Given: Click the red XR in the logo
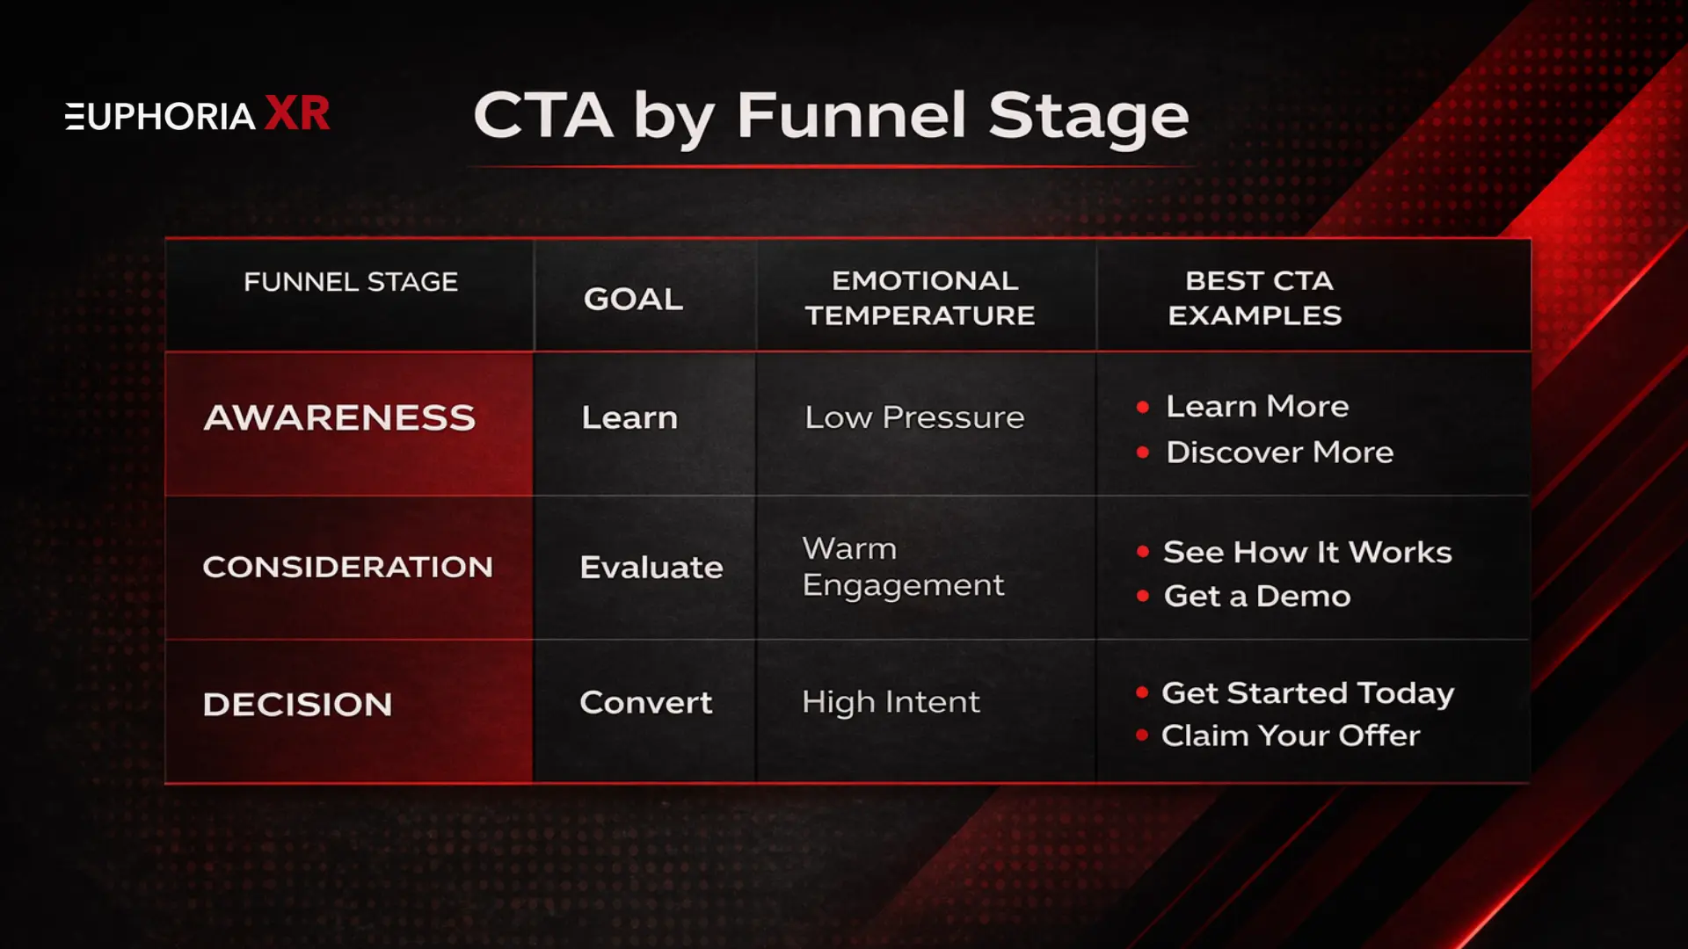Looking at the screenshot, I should [297, 114].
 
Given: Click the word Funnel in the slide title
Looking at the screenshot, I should [851, 116].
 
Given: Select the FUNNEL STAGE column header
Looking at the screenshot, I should [351, 282].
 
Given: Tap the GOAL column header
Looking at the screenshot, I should [633, 299].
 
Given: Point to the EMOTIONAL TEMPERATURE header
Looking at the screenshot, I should [920, 298].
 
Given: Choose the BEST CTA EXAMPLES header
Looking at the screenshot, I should [1256, 298].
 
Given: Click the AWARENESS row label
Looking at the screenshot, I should [339, 417].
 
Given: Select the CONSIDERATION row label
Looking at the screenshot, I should [347, 567].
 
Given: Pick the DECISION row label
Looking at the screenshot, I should [297, 704].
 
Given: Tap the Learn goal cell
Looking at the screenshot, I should [629, 417].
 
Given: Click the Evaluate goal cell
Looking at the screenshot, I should [651, 567].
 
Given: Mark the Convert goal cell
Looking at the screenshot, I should [646, 702].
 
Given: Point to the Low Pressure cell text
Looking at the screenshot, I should [914, 417].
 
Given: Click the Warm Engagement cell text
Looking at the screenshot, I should [902, 567].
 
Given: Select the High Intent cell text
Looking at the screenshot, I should [891, 702].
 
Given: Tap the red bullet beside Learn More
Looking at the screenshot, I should [1143, 407].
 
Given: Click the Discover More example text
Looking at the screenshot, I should [1279, 453].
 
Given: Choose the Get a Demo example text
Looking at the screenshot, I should [1257, 597].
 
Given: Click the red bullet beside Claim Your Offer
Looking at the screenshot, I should [1142, 735].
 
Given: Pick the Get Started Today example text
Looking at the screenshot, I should [1307, 693].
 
